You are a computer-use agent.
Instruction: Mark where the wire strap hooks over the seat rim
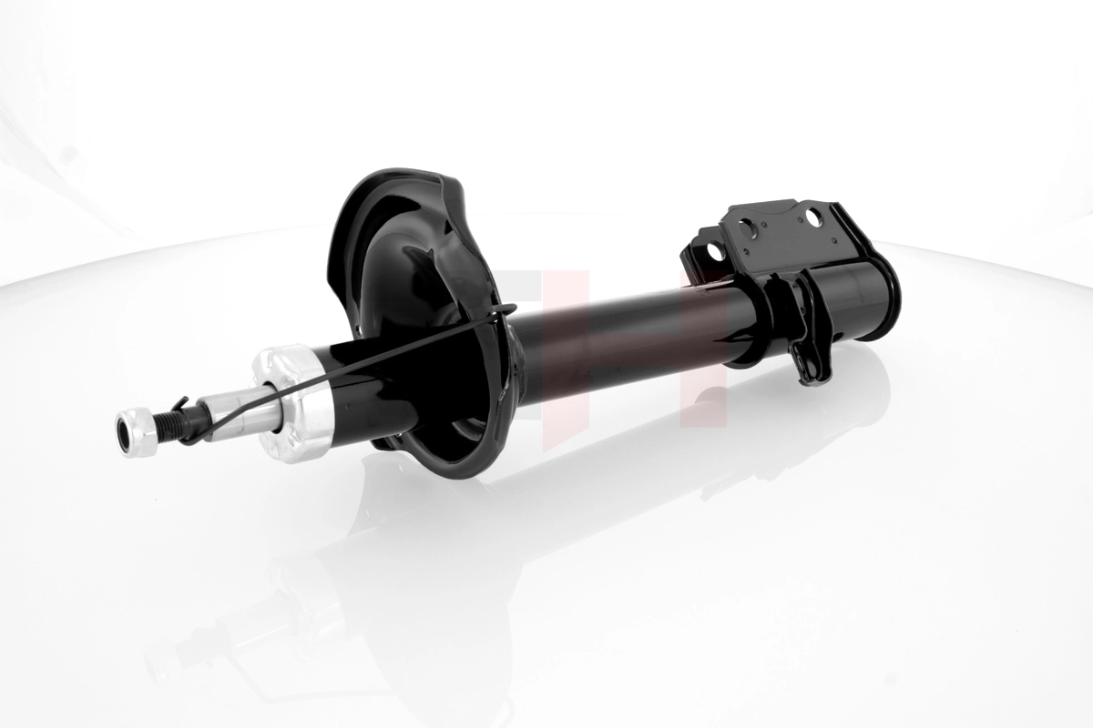(503, 311)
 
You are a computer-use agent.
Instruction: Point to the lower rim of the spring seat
(446, 470)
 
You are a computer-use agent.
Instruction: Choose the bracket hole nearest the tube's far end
(811, 217)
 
